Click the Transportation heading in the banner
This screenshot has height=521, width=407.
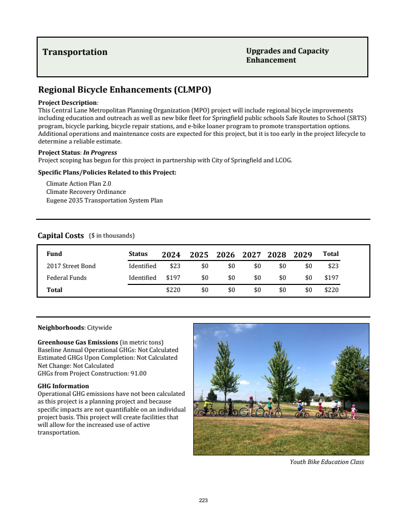point(75,52)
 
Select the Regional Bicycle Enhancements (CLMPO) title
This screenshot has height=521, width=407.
point(125,90)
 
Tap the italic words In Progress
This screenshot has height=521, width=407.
point(100,153)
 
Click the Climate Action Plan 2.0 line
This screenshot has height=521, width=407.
point(78,183)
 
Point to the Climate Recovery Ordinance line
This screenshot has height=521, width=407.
point(86,192)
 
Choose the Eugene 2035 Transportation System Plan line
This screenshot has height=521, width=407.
point(104,200)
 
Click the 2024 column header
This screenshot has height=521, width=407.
point(171,255)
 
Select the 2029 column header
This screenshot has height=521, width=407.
point(303,255)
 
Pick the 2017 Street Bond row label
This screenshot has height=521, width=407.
point(71,266)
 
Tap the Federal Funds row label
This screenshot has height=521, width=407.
point(67,278)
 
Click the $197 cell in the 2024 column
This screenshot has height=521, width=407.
point(173,278)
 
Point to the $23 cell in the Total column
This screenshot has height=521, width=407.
point(333,266)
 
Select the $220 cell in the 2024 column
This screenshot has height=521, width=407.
point(173,290)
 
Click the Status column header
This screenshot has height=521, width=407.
point(138,254)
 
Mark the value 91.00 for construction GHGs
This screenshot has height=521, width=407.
point(138,373)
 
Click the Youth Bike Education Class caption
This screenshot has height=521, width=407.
point(327,462)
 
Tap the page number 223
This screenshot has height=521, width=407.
point(203,501)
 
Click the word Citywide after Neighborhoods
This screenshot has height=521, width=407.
point(99,328)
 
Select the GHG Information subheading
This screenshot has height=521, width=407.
point(64,386)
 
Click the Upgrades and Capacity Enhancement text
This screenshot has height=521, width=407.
point(287,55)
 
